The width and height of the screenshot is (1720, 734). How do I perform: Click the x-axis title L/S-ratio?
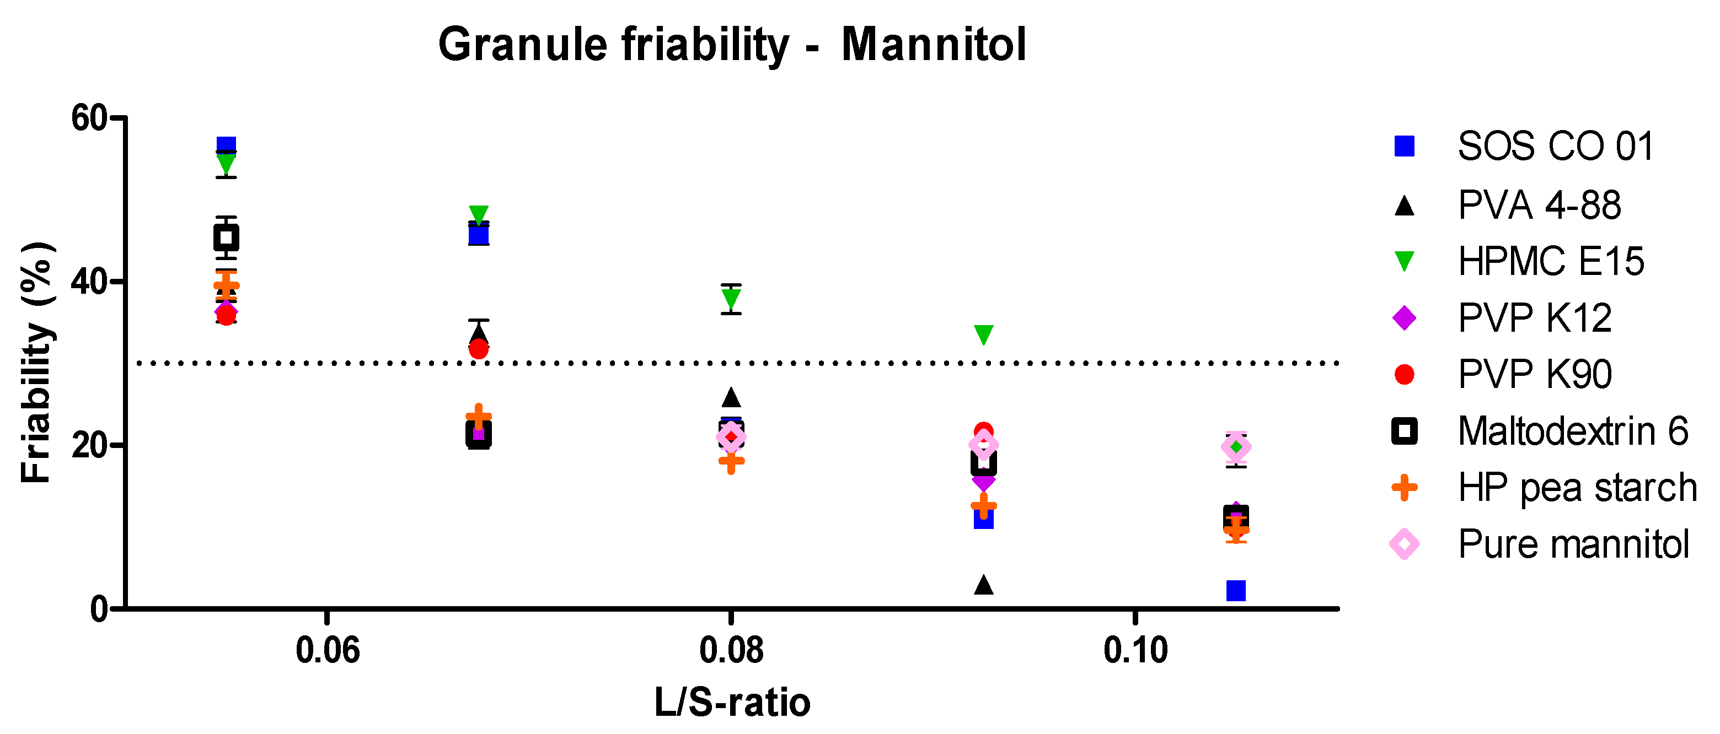732,703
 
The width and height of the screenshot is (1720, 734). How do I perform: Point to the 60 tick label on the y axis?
89,119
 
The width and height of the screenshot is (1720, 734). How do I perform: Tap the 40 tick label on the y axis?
89,282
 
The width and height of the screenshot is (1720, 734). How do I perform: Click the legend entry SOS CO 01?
1555,146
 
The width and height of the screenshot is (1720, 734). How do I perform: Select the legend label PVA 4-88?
1539,205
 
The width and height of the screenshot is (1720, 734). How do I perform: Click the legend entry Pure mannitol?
1573,544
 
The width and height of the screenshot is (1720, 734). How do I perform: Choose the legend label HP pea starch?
1577,487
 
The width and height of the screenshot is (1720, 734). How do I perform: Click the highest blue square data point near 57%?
226,145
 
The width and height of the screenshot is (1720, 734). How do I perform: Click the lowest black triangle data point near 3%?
983,585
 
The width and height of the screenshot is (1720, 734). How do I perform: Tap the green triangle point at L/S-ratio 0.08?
731,298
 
